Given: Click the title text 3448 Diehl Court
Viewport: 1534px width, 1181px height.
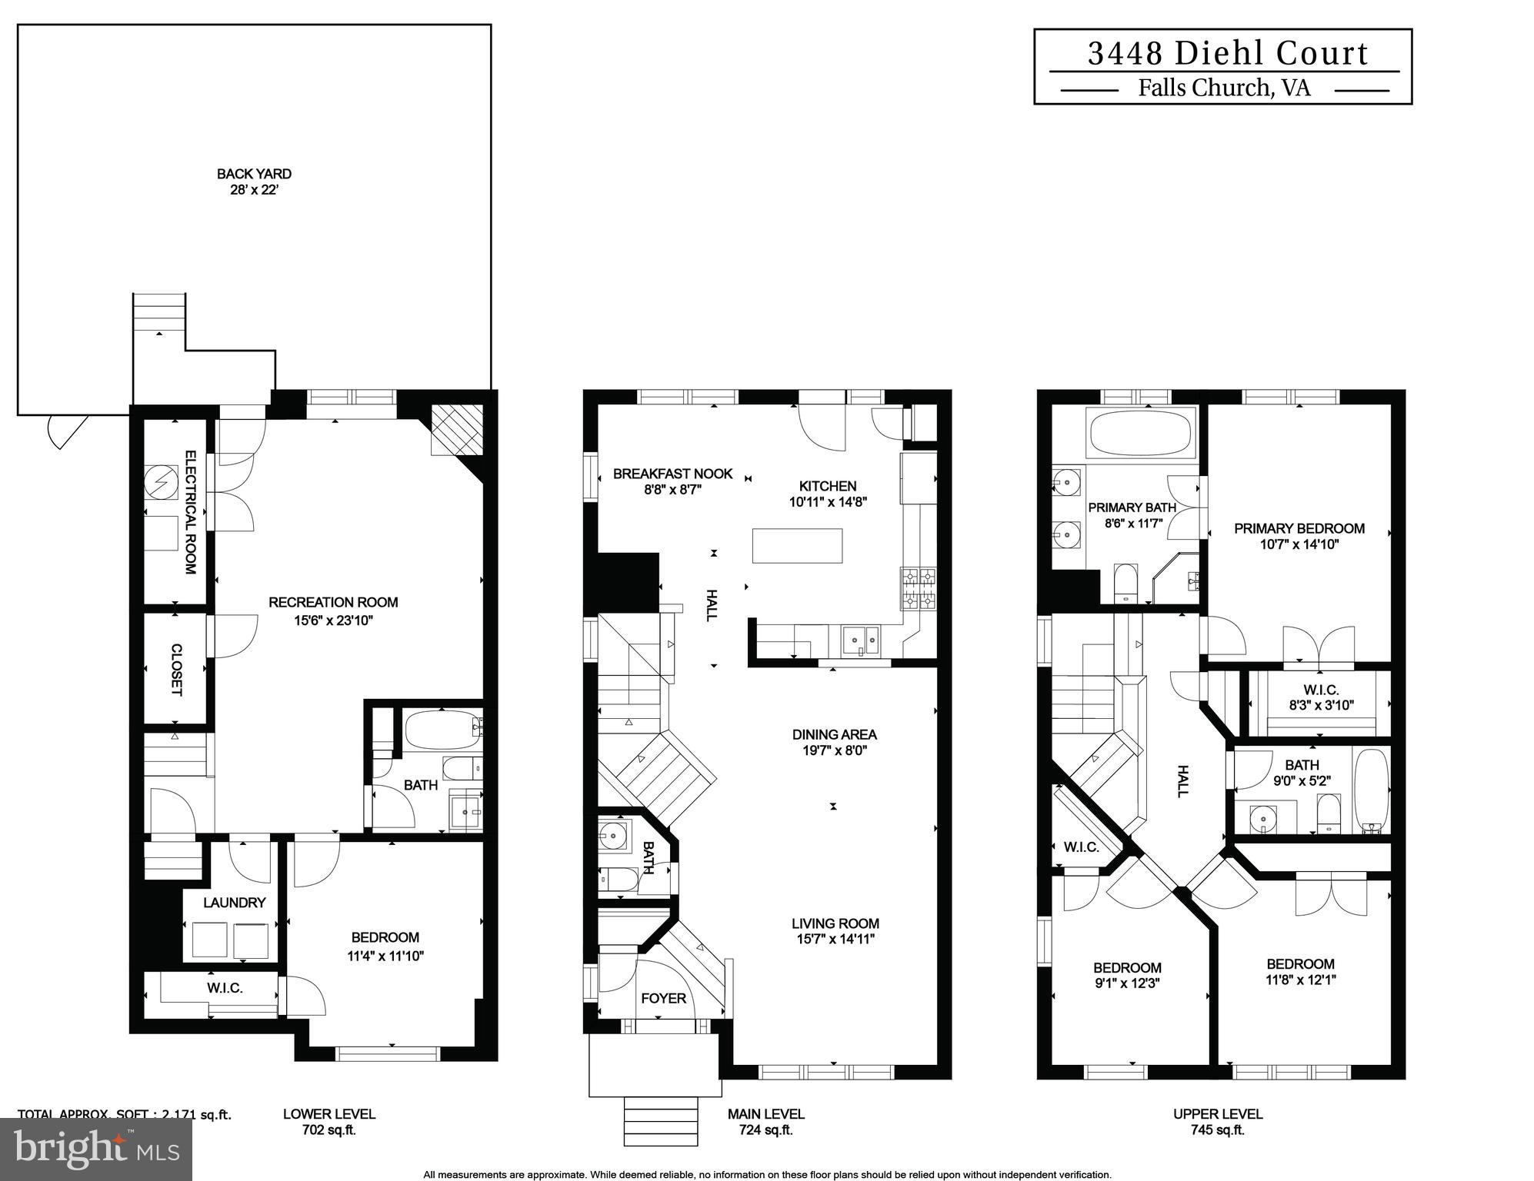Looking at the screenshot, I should pos(1228,53).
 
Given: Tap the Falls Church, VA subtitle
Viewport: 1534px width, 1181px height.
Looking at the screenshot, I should pos(1224,88).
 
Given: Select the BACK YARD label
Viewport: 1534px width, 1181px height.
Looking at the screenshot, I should pos(254,174).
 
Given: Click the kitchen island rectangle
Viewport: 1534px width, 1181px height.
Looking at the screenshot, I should pos(797,545).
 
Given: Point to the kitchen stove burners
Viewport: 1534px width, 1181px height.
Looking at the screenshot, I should pos(919,589).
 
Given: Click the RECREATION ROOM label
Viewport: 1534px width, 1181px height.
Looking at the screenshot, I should pos(333,602).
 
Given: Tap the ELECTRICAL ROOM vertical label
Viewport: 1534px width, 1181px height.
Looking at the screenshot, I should pos(190,512).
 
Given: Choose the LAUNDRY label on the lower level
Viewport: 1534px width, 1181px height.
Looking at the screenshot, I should pos(235,903).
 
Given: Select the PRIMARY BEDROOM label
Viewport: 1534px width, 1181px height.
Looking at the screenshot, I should pos(1299,528).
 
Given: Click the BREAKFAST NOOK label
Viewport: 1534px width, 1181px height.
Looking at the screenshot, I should pos(672,474).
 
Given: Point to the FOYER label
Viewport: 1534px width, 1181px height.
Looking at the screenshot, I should pos(663,998).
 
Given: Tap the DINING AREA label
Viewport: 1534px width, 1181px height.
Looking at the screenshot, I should pos(835,734).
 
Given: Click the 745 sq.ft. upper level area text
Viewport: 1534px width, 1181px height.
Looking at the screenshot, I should pos(1217,1130).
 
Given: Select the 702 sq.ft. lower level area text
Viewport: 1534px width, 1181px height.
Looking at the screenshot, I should pos(329,1130).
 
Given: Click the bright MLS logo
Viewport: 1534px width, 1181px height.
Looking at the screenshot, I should pos(96,1149).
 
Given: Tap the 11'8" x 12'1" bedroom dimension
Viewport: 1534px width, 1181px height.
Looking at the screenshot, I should pos(1301,980).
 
